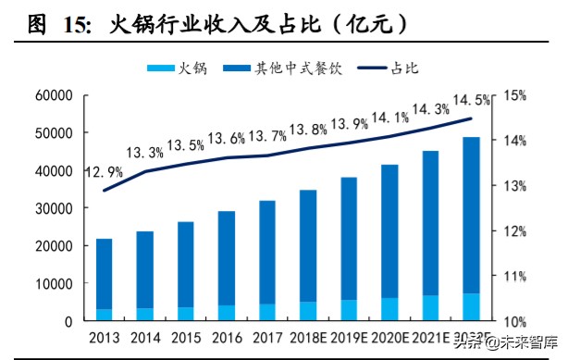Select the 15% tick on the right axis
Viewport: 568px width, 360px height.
(x=515, y=95)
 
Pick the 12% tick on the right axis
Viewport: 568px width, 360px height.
(x=515, y=231)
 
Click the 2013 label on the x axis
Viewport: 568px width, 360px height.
(x=104, y=338)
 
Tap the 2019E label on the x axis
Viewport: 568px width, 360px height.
(x=349, y=338)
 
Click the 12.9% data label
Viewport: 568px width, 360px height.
(x=104, y=172)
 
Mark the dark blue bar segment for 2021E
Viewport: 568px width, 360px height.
(x=430, y=223)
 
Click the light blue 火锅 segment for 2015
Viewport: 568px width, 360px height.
(x=185, y=314)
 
